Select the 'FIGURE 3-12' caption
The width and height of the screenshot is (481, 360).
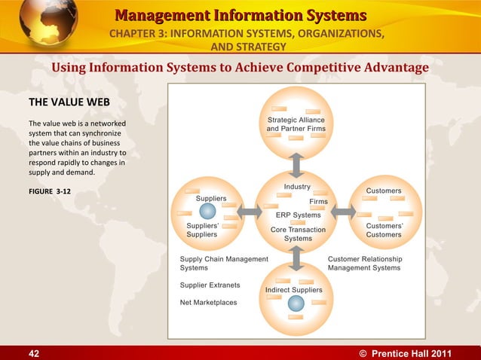tap(50, 191)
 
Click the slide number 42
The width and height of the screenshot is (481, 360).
tap(14, 352)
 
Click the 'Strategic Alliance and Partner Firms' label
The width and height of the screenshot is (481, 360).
tap(296, 124)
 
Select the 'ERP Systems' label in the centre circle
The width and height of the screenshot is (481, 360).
tap(298, 215)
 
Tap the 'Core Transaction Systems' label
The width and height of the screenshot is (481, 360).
tap(298, 234)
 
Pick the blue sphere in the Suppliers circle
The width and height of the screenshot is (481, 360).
tap(207, 211)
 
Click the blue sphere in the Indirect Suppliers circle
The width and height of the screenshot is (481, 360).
tap(297, 303)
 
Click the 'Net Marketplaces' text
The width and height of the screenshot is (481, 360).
tap(208, 303)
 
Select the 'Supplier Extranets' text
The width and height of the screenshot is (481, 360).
tap(210, 285)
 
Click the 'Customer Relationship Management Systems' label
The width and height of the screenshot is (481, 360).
tap(365, 263)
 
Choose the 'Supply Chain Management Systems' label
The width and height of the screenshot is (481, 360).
tap(224, 263)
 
